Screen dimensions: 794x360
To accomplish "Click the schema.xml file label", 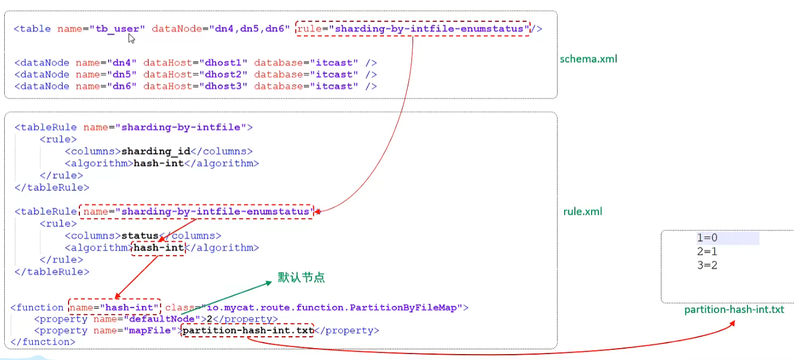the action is coord(588,59).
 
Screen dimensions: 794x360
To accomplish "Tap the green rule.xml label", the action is coord(583,212).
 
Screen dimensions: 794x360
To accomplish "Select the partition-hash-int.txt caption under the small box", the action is coord(734,309).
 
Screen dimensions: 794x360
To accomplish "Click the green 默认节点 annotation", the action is coord(301,278).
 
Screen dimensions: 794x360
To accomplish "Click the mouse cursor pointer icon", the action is coord(131,39).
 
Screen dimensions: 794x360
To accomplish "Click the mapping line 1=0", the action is coord(707,238).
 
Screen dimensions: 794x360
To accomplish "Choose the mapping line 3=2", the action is coord(707,265).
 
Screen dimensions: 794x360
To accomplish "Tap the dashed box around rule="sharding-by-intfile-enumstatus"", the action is coord(413,29).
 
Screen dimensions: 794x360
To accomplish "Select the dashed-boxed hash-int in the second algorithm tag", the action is coord(158,248).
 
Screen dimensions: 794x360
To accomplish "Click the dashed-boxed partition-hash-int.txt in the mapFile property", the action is coord(248,330).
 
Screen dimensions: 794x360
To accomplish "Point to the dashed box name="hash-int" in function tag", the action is coord(114,307).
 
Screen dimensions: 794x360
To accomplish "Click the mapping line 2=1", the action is coord(707,251).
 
